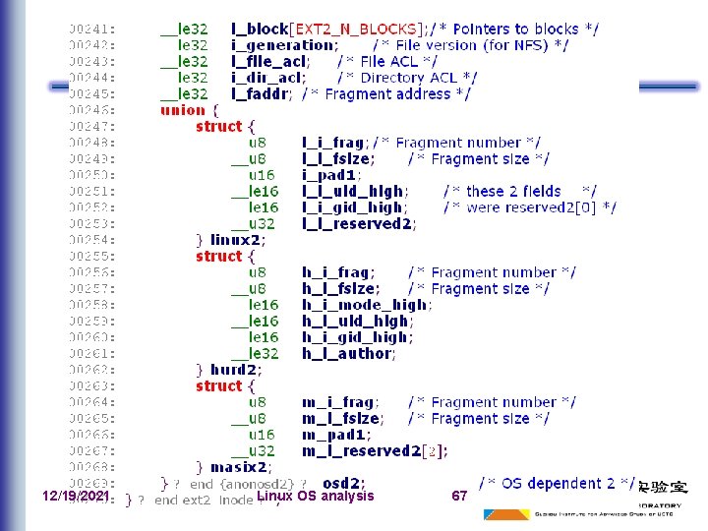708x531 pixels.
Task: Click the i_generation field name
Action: (x=282, y=45)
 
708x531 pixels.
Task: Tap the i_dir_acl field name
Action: (x=268, y=78)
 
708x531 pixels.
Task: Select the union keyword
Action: (x=183, y=110)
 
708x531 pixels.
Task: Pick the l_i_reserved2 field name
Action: (x=357, y=223)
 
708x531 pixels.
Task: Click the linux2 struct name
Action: (x=237, y=240)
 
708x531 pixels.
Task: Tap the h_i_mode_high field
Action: (x=365, y=305)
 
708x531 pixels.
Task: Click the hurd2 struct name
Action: (x=237, y=370)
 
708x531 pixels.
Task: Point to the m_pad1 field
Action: (x=335, y=435)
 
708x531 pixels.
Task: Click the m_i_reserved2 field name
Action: (x=361, y=450)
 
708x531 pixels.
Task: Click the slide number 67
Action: (x=459, y=497)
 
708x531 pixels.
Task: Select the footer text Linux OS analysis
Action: (x=316, y=497)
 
